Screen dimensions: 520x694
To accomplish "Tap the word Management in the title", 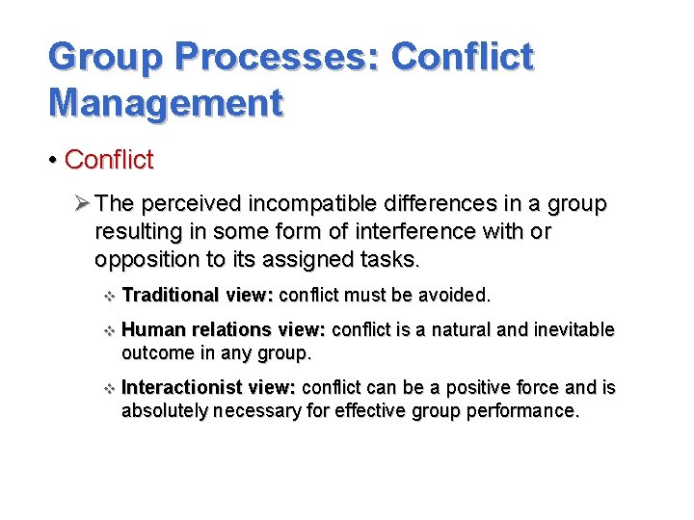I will [x=166, y=101].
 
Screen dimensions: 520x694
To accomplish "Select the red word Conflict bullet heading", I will [x=109, y=159].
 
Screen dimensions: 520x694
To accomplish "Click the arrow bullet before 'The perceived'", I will [x=82, y=205].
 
